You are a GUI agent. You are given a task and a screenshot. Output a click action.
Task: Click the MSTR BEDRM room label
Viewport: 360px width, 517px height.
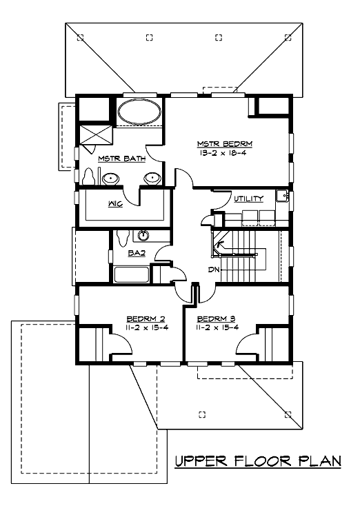point(225,144)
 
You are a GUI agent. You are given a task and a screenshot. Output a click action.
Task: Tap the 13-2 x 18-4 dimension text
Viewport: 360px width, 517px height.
point(223,153)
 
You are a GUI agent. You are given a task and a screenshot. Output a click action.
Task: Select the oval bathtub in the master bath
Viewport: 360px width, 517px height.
point(139,112)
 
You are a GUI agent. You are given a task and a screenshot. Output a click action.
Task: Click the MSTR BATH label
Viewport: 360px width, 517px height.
point(122,159)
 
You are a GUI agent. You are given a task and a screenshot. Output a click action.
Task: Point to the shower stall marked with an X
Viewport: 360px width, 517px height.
point(96,134)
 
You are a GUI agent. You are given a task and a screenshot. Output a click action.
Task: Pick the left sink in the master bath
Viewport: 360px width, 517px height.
point(110,179)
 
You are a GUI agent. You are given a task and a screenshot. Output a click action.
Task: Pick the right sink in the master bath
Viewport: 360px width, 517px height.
point(152,179)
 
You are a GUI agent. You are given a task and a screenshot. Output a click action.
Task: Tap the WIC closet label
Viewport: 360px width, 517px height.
point(115,204)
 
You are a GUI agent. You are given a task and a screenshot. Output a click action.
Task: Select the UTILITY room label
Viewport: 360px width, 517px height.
point(249,199)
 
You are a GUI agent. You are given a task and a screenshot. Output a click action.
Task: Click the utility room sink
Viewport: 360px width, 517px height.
point(283,196)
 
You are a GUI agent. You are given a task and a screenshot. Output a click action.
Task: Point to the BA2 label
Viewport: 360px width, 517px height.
point(137,253)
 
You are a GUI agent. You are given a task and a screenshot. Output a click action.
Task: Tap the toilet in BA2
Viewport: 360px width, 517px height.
point(123,238)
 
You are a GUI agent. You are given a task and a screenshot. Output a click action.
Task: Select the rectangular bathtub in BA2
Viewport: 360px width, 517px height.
point(131,274)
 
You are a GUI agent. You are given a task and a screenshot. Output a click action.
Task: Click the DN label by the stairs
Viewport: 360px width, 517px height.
point(214,270)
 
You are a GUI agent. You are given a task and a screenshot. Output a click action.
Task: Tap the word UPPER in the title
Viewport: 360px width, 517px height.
point(201,460)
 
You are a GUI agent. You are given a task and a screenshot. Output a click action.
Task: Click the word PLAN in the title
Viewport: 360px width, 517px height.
point(320,460)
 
